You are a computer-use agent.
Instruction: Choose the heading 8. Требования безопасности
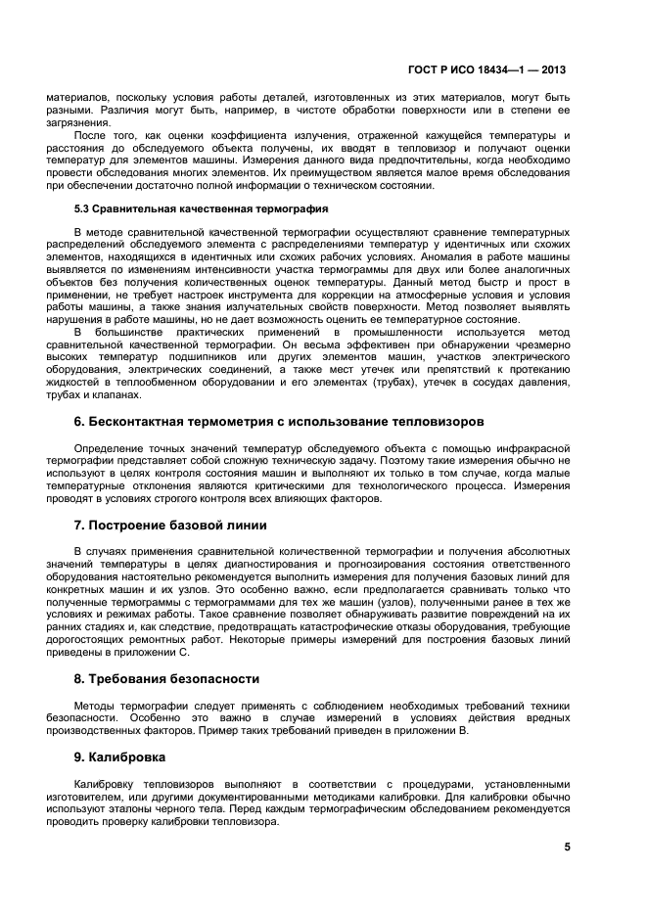click(166, 678)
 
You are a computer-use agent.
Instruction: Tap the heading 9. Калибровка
click(120, 757)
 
